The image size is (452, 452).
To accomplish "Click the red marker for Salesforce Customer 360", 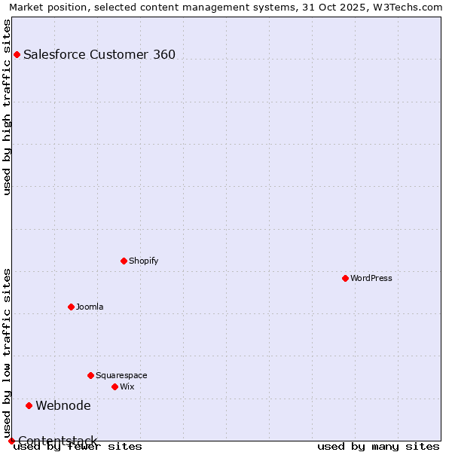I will pos(17,54).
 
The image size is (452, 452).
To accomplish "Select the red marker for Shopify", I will pos(124,261).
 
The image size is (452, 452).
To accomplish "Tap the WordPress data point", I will pos(345,278).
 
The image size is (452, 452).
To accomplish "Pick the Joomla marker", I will pos(71,307).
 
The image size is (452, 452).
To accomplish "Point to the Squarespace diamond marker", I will pos(90,375).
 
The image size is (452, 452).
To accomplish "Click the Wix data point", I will pos(115,386).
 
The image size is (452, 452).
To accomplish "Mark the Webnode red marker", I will pos(29,405).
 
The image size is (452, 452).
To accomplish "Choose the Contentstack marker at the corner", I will pos(11,441).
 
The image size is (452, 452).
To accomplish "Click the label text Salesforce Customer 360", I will pos(99,54).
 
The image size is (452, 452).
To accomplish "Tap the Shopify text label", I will pos(143,261).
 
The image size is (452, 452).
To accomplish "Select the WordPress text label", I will pos(371,278).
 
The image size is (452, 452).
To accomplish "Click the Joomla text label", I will pos(90,307).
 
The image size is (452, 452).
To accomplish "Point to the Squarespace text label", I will pos(121,375).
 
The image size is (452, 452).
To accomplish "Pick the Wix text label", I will pos(127,386).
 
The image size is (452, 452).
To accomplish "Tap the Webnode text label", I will pos(63,405).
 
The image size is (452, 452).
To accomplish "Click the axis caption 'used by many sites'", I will pos(378,446).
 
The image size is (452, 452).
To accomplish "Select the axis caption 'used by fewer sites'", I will pos(78,446).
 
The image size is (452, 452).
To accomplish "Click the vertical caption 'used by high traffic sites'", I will pos(7,107).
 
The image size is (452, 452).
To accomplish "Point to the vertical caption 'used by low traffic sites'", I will pos(7,353).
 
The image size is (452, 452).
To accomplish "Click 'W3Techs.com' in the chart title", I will pos(411,7).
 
